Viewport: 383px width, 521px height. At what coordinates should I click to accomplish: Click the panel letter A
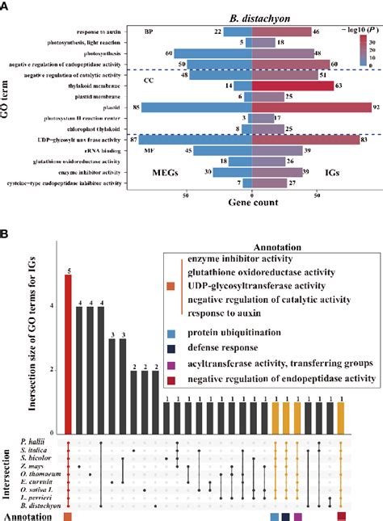5,6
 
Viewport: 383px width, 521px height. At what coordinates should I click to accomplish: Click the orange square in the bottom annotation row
69,515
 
